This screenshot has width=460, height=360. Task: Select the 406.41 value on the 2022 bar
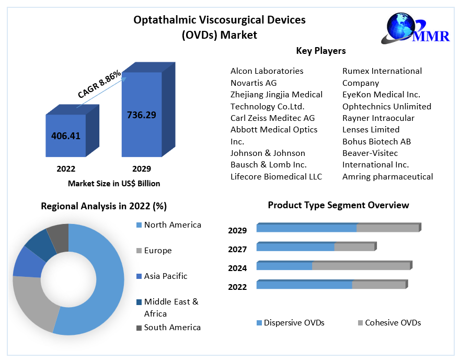tap(66, 136)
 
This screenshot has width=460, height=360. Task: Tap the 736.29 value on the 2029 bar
tap(142, 115)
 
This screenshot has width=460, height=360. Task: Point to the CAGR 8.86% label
tap(99, 84)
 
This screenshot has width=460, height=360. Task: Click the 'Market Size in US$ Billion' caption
tap(114, 184)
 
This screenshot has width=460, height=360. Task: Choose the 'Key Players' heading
tap(321, 51)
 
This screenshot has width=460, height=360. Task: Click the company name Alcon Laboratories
tap(267, 71)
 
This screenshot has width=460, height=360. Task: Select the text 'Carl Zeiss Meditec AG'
tap(272, 118)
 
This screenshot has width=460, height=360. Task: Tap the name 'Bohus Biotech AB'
tap(376, 141)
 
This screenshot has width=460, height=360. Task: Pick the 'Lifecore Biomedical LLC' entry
tap(276, 176)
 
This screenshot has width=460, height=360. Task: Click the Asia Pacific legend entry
tap(166, 276)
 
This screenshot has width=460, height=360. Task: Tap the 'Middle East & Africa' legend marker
tap(139, 302)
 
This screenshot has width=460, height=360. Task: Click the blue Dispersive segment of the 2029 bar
tap(306, 228)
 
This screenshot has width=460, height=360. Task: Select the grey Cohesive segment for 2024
tap(361, 266)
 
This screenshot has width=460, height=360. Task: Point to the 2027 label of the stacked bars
tap(237, 249)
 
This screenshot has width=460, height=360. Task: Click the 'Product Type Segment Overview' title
tap(338, 205)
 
